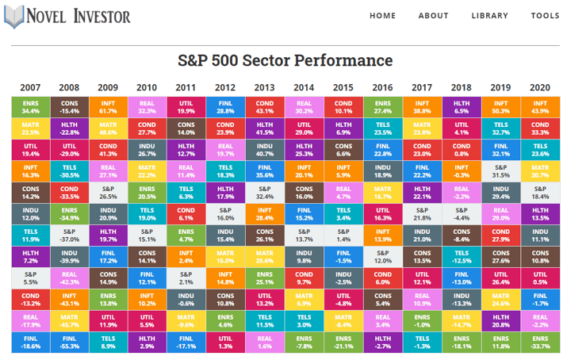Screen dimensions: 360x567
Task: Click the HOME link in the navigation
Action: pos(382,16)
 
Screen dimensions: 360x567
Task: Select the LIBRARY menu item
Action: pos(490,16)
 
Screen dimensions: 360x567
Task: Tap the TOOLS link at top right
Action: pos(545,16)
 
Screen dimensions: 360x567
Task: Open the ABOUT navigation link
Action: pos(433,16)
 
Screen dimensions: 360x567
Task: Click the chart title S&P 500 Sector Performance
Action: pos(283,60)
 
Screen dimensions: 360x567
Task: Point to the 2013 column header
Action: pos(264,87)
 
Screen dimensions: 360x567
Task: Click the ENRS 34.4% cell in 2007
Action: pos(30,106)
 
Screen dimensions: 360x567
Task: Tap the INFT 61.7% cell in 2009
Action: pos(108,106)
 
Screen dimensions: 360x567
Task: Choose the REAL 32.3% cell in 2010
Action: pos(147,106)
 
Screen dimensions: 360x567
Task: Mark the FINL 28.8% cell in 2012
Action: pos(225,106)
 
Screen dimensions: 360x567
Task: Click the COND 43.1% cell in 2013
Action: pos(264,106)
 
